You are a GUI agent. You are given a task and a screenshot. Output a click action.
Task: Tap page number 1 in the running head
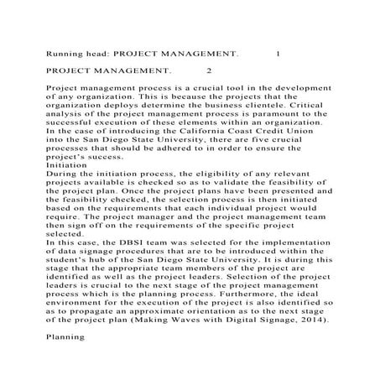pyautogui.click(x=278, y=53)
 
